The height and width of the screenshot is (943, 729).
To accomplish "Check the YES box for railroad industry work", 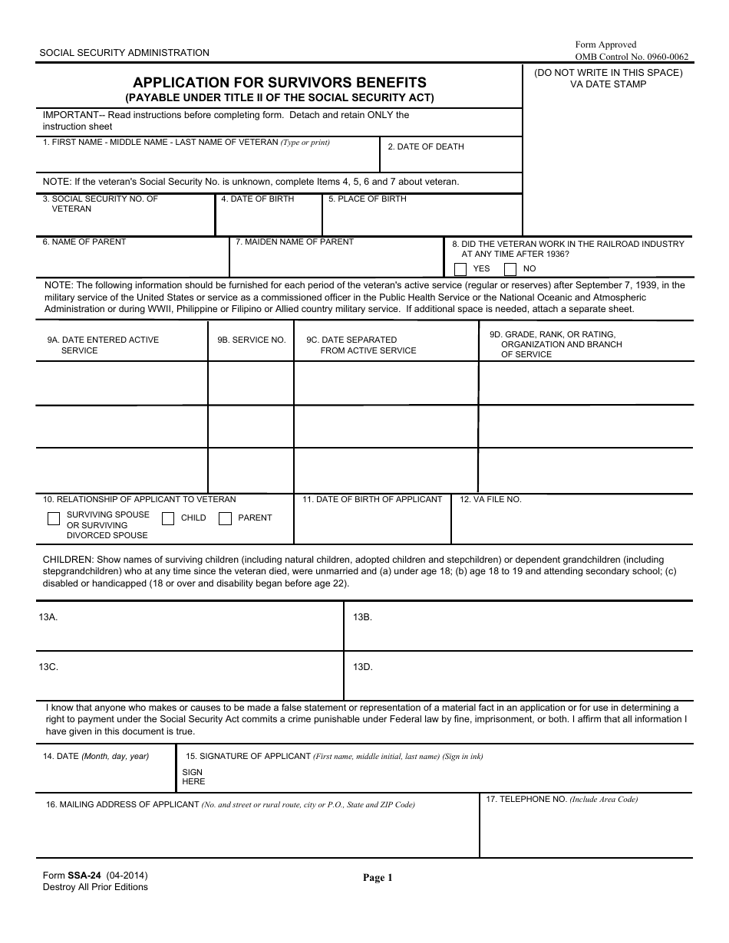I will click(x=460, y=269).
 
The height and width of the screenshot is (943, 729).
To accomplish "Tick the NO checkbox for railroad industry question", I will click(x=510, y=269).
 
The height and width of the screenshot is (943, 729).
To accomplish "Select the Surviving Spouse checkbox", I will click(x=54, y=519).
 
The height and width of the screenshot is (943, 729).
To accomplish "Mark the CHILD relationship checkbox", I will click(x=168, y=519).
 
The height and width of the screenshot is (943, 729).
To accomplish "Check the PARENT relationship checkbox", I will click(x=225, y=519).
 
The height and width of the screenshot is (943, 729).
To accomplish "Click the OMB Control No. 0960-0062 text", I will click(x=632, y=57).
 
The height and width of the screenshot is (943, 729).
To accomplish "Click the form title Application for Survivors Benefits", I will click(x=280, y=83).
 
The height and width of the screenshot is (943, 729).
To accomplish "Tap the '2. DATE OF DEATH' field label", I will click(x=426, y=146).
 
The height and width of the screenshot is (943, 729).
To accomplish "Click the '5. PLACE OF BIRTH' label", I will click(x=368, y=199).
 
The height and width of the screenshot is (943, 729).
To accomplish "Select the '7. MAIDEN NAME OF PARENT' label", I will click(x=295, y=242).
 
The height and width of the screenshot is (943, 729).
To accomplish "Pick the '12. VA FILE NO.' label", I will click(x=490, y=499).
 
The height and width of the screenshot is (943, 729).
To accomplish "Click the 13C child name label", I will click(x=48, y=667).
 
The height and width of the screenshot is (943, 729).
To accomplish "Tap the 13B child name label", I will click(x=362, y=616).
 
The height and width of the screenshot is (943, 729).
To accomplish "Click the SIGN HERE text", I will click(x=193, y=777).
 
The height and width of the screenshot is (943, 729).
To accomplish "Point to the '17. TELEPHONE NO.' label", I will click(x=561, y=799).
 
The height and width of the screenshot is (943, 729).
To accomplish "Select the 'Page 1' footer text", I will click(x=378, y=878).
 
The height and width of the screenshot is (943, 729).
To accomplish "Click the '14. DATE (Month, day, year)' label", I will click(x=96, y=756).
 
